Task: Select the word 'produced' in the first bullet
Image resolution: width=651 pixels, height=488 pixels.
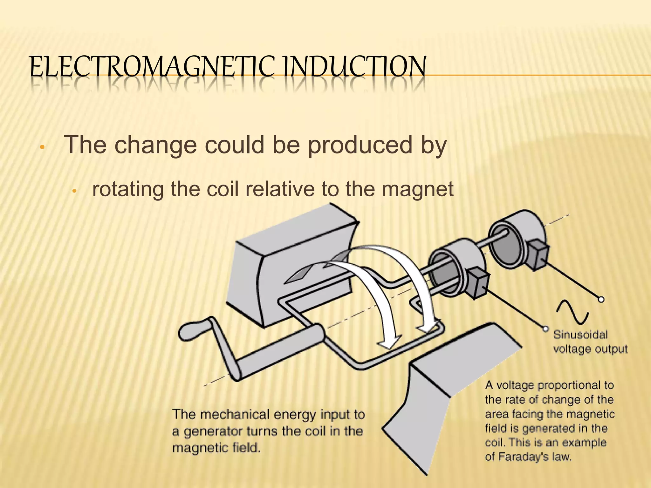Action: (359, 145)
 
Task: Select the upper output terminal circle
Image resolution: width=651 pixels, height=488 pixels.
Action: (601, 299)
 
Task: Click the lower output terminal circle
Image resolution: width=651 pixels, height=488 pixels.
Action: (545, 329)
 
